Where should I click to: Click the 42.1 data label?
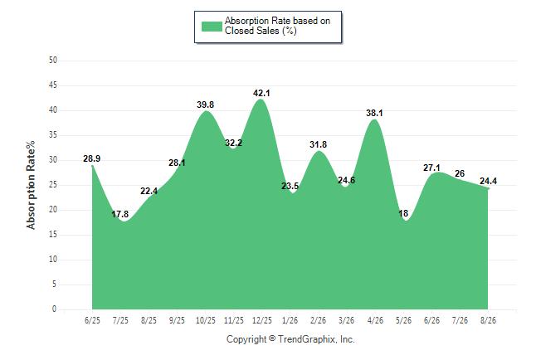(x=261, y=93)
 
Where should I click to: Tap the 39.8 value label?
(x=206, y=105)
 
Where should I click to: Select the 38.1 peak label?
(x=374, y=113)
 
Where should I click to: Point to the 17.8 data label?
(x=120, y=214)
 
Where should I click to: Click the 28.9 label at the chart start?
(x=91, y=158)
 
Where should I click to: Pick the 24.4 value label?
(x=488, y=181)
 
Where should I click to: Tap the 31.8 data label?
(x=319, y=144)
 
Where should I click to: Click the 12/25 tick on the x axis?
(x=262, y=320)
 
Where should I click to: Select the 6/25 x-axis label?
(x=92, y=320)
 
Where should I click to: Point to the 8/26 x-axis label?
(x=488, y=320)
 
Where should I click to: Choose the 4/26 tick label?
(x=375, y=320)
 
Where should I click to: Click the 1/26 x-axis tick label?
(x=290, y=320)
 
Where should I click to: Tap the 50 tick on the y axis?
(x=53, y=61)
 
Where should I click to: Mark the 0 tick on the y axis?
(x=55, y=309)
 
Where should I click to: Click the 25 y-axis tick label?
(x=53, y=185)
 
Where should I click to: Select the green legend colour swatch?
(x=212, y=27)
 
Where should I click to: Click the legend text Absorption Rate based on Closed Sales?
(x=278, y=26)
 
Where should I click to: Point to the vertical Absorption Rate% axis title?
(x=31, y=185)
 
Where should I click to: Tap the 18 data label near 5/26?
(x=403, y=213)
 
